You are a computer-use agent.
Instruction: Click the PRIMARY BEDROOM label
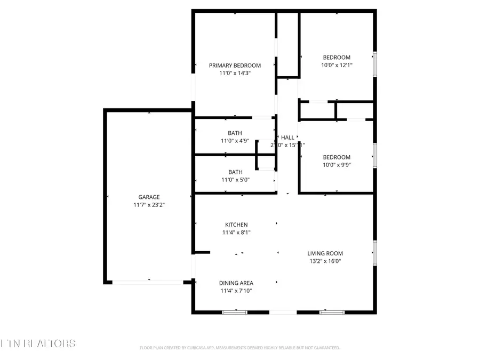[235, 66]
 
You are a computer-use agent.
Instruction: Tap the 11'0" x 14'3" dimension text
[235, 74]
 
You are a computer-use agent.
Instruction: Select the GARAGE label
[149, 197]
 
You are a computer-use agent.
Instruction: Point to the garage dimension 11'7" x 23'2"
[149, 205]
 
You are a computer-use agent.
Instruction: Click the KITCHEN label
[235, 225]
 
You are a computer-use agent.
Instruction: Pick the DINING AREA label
[236, 283]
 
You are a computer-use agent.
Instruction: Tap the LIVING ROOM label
[325, 253]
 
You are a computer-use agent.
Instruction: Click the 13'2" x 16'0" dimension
[325, 261]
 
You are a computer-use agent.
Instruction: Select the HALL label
[287, 137]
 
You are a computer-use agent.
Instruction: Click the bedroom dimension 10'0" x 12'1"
[337, 65]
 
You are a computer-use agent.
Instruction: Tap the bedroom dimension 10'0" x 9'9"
[337, 165]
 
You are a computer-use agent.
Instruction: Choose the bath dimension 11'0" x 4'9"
[235, 141]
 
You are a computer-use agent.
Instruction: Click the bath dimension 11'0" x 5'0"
[235, 180]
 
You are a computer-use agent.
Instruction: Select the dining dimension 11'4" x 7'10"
[236, 291]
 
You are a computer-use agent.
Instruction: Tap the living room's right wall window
[375, 253]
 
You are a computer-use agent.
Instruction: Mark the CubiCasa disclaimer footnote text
[239, 348]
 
